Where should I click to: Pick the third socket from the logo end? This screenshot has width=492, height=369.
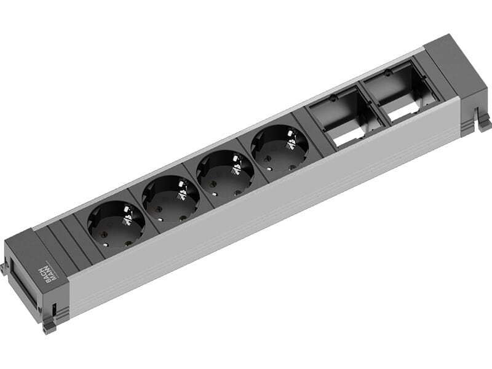click(225, 173)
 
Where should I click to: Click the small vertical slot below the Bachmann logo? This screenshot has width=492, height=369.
click(55, 310)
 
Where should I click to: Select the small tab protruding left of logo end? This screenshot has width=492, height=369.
click(4, 268)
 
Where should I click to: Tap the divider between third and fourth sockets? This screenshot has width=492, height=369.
click(252, 160)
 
